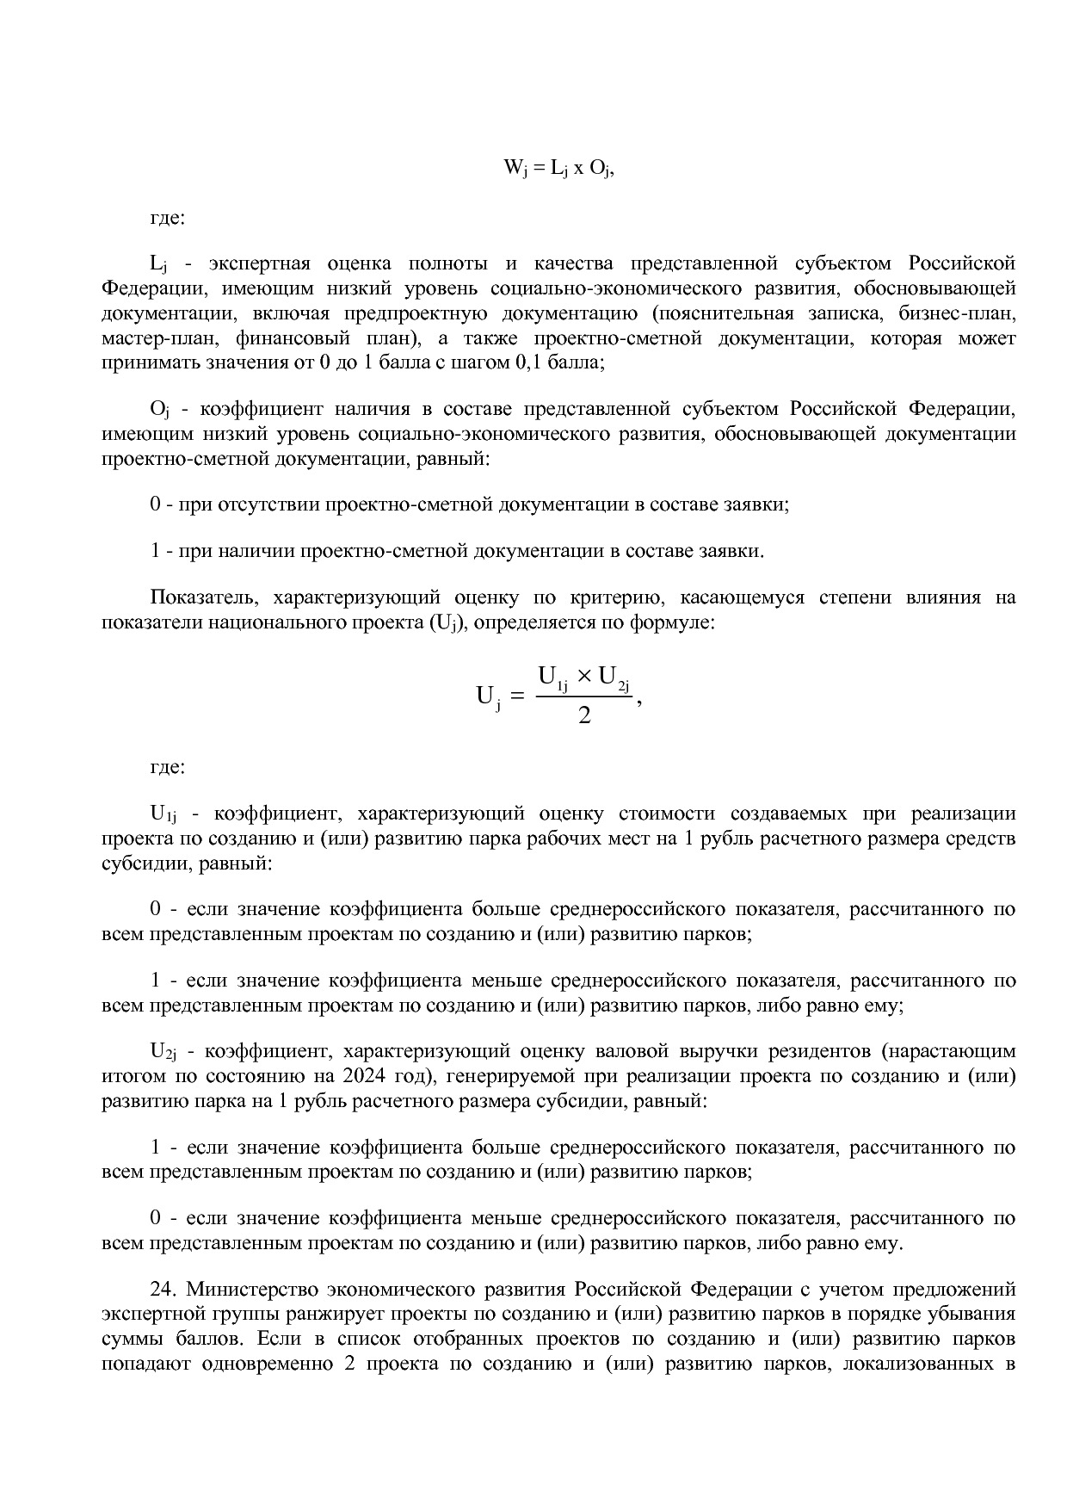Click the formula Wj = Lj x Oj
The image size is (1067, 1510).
tap(558, 168)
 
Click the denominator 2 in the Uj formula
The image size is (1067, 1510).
tap(584, 715)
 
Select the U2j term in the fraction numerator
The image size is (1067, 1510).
tap(614, 678)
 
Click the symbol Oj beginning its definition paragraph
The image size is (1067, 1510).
tap(160, 409)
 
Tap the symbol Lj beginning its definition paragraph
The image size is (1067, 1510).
tap(158, 263)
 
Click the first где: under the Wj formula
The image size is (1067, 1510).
tap(168, 218)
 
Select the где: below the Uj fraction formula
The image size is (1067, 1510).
tap(168, 766)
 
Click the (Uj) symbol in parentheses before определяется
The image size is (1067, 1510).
tap(445, 622)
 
